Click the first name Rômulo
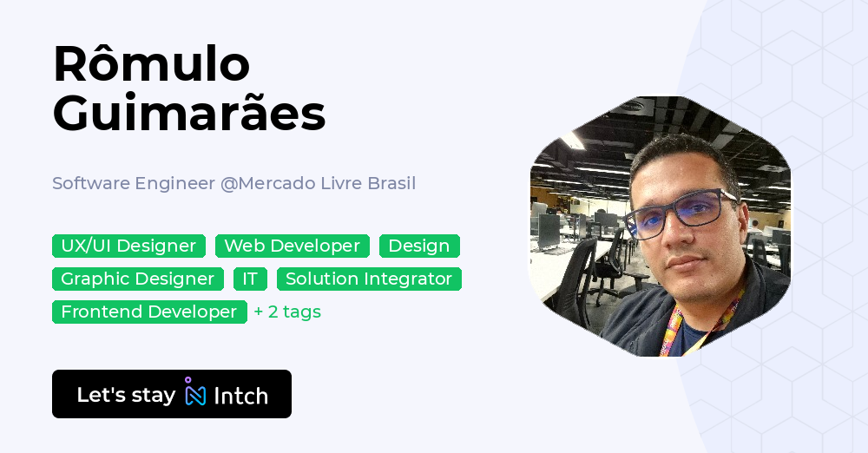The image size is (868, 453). [151, 64]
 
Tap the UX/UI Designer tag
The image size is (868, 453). [128, 246]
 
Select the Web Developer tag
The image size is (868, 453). [293, 246]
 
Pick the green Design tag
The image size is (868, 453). [419, 246]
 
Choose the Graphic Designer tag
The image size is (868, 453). [138, 279]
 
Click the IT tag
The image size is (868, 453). [250, 279]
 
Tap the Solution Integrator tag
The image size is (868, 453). [369, 279]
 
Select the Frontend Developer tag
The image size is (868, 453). [149, 312]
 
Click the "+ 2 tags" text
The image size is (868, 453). [287, 312]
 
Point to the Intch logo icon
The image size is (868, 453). [195, 393]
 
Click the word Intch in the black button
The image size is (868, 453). [240, 396]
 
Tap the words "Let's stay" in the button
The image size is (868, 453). [126, 395]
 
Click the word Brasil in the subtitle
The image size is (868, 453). [390, 183]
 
